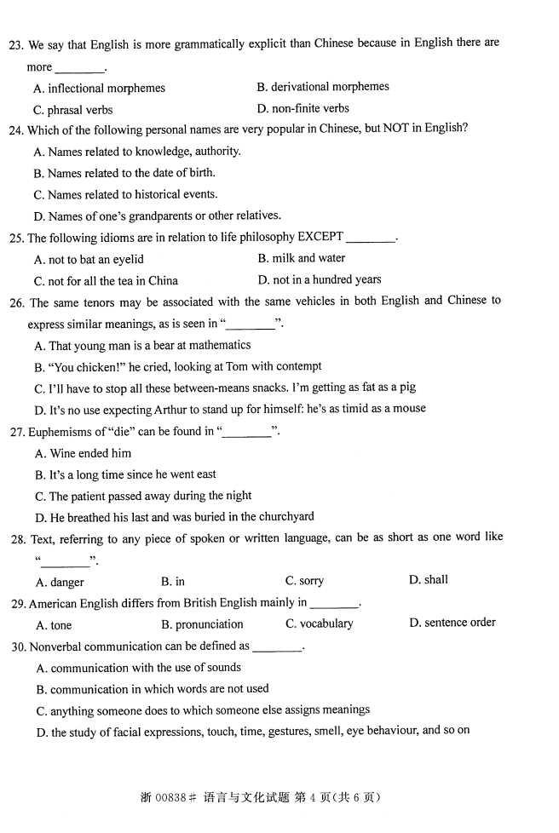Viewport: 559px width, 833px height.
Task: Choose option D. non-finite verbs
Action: (303, 108)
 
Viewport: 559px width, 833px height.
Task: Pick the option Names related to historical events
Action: (125, 194)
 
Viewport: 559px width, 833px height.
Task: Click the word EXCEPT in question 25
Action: (320, 237)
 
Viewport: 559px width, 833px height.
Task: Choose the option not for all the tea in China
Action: (106, 280)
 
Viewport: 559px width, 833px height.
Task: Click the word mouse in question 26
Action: (408, 409)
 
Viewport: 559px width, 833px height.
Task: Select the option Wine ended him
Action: (84, 453)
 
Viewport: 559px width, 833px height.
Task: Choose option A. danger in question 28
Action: (60, 583)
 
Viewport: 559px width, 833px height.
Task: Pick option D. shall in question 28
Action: (428, 580)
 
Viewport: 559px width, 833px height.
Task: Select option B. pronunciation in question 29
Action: (202, 624)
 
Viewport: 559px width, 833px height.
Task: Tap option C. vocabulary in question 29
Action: (319, 623)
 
